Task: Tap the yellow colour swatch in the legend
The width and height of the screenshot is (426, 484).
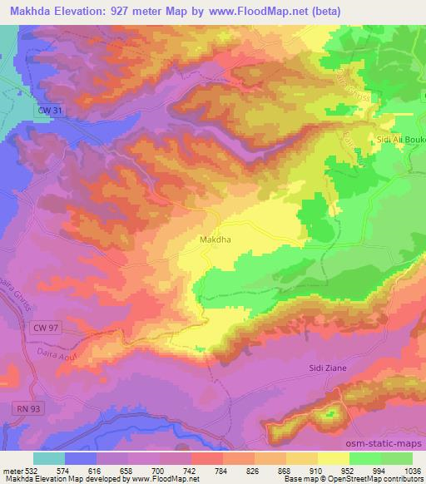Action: [333, 457]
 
